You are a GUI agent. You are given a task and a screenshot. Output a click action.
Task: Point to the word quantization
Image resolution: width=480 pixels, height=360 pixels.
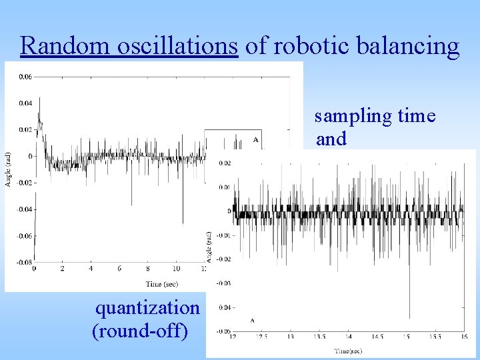click(x=147, y=307)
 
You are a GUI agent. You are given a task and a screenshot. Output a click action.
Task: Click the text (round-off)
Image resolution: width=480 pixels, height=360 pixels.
click(x=139, y=330)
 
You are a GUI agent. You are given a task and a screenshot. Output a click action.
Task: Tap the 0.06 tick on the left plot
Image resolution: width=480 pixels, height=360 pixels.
click(x=25, y=77)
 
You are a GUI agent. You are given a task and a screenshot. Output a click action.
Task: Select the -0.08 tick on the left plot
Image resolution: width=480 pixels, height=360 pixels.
click(x=23, y=262)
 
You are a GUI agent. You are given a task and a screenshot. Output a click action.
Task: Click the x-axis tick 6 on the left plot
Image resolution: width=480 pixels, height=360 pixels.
click(x=119, y=269)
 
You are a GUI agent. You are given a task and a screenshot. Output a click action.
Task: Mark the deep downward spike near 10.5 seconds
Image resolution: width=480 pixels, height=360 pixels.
click(x=183, y=223)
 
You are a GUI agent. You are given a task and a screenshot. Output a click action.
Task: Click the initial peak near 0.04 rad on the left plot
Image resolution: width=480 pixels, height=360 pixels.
click(x=39, y=99)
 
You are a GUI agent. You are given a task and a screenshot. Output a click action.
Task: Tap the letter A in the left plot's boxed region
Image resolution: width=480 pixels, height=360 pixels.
click(x=255, y=140)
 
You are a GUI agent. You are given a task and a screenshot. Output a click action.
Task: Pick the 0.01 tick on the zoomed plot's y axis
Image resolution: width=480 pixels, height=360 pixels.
click(x=225, y=187)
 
